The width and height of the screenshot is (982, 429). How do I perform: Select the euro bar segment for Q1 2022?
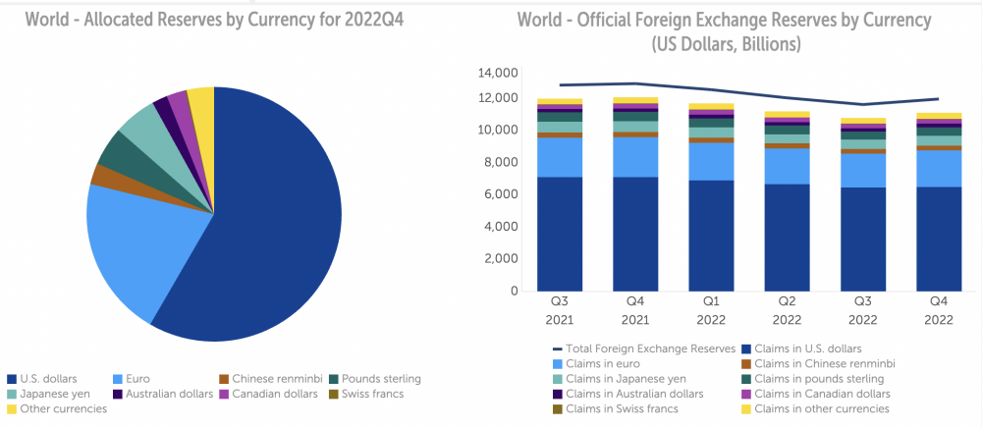coord(711,161)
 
